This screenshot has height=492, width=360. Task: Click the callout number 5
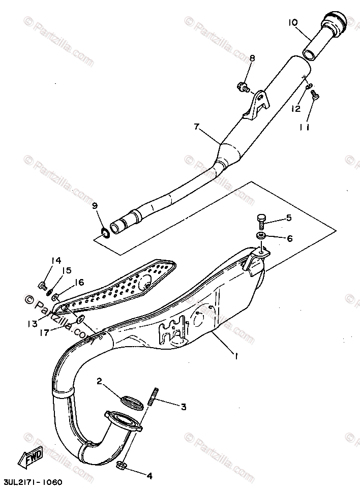coord(288,219)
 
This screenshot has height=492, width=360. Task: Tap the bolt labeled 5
coord(261,220)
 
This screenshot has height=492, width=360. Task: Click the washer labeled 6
coord(261,236)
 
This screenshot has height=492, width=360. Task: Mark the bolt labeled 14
coord(42,284)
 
